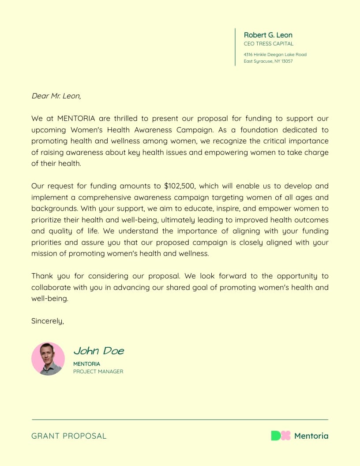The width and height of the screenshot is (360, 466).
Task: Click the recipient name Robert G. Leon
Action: tap(268, 35)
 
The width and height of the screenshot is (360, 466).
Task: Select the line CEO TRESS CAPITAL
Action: tap(268, 44)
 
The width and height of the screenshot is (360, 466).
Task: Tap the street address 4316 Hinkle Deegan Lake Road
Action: tap(275, 55)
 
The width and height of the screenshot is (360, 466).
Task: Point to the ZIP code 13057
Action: tap(287, 61)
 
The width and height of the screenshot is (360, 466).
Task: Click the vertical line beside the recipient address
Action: tap(235, 47)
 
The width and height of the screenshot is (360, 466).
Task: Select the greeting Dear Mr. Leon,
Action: tap(56, 96)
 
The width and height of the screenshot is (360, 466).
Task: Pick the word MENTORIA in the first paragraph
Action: tap(76, 119)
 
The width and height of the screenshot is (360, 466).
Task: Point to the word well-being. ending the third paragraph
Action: tap(50, 299)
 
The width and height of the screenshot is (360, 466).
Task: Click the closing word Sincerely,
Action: tap(48, 321)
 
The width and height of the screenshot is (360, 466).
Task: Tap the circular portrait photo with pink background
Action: tap(48, 359)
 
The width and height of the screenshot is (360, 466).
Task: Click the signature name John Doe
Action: tap(98, 351)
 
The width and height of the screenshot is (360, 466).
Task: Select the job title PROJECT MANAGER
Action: tap(98, 372)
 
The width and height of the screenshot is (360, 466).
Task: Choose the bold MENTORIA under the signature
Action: tap(86, 364)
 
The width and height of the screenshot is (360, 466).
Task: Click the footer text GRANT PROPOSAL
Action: tap(69, 436)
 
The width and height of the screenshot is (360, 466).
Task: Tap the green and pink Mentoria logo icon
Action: tap(281, 436)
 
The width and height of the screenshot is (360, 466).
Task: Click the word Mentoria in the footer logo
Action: tap(311, 436)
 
